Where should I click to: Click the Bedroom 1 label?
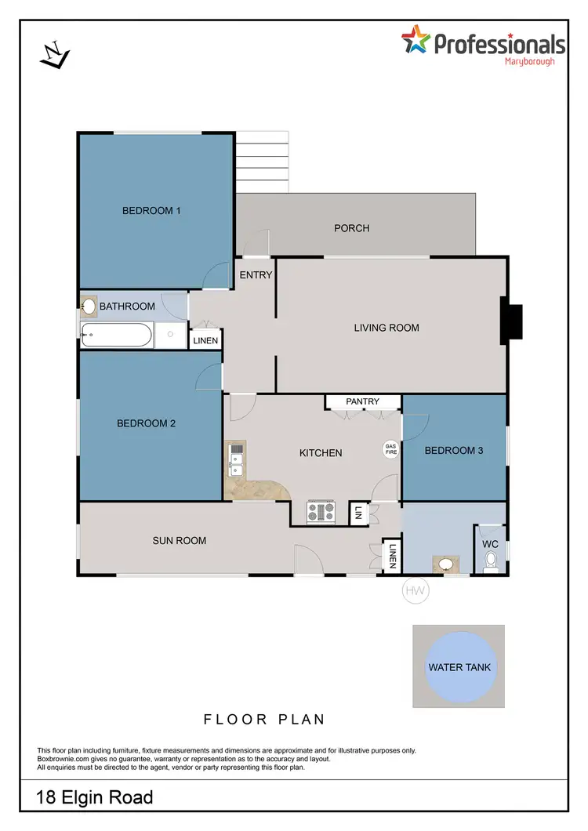pyautogui.click(x=151, y=210)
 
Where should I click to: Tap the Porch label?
pyautogui.click(x=351, y=228)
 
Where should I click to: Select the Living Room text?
pyautogui.click(x=387, y=328)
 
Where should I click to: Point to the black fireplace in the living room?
pyautogui.click(x=512, y=322)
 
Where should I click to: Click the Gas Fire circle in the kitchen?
pyautogui.click(x=390, y=449)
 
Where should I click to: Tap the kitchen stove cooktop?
pyautogui.click(x=321, y=512)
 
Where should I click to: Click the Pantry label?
pyautogui.click(x=362, y=401)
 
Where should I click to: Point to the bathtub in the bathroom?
pyautogui.click(x=118, y=336)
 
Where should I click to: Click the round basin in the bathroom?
pyautogui.click(x=89, y=306)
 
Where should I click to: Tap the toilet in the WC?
pyautogui.click(x=492, y=561)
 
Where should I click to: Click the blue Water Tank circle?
pyautogui.click(x=459, y=667)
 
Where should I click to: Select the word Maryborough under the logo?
pyautogui.click(x=529, y=61)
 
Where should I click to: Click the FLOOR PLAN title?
pyautogui.click(x=264, y=719)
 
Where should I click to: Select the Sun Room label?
pyautogui.click(x=180, y=540)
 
